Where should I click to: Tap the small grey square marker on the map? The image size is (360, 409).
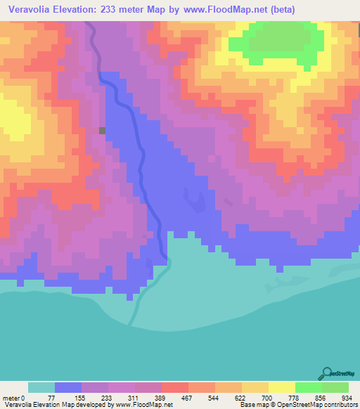103,130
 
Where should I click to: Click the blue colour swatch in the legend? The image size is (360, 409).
68,387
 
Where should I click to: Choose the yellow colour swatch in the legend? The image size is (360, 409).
282,387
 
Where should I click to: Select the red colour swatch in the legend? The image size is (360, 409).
175,387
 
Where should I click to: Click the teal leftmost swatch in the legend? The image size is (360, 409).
41,387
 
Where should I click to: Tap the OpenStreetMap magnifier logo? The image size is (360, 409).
326,373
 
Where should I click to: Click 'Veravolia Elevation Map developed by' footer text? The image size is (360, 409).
49,405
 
